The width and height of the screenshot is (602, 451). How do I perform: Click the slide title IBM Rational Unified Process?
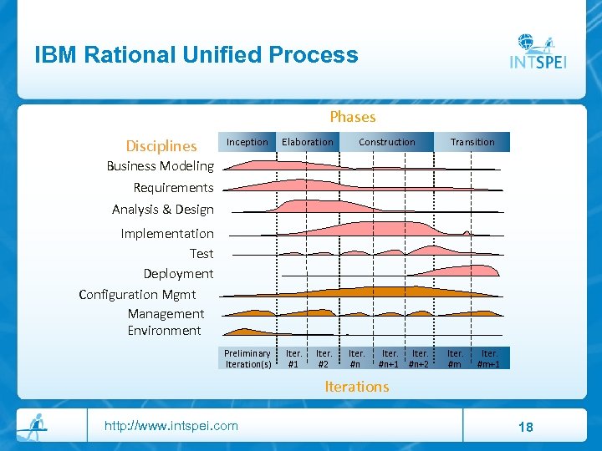coord(196,55)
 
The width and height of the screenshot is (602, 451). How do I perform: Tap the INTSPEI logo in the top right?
coord(538,52)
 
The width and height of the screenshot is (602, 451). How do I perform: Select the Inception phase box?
coord(247,142)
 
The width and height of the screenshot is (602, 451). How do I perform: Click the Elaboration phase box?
coord(307,142)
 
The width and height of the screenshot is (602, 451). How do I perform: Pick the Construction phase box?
coord(386,142)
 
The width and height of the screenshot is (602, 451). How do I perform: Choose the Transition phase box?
coord(472,142)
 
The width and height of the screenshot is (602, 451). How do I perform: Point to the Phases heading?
coord(352,117)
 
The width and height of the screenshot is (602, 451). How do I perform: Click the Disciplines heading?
coord(161,145)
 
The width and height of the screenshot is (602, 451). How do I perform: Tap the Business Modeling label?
coord(160,166)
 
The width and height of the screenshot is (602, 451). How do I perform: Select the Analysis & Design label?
coord(163,210)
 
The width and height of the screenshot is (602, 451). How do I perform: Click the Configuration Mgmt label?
coord(137,294)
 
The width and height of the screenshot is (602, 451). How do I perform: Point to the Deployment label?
coord(178,274)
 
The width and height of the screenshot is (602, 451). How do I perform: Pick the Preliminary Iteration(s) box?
coord(247,358)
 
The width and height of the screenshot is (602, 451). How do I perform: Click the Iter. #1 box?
coord(293,358)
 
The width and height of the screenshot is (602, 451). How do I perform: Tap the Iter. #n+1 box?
coord(389,358)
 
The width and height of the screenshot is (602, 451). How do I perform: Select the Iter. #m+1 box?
coord(488,358)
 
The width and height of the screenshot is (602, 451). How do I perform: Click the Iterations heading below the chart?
coord(356,387)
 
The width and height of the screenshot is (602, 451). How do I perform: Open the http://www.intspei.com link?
coord(171,426)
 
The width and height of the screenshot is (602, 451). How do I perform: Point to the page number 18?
coord(525,428)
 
